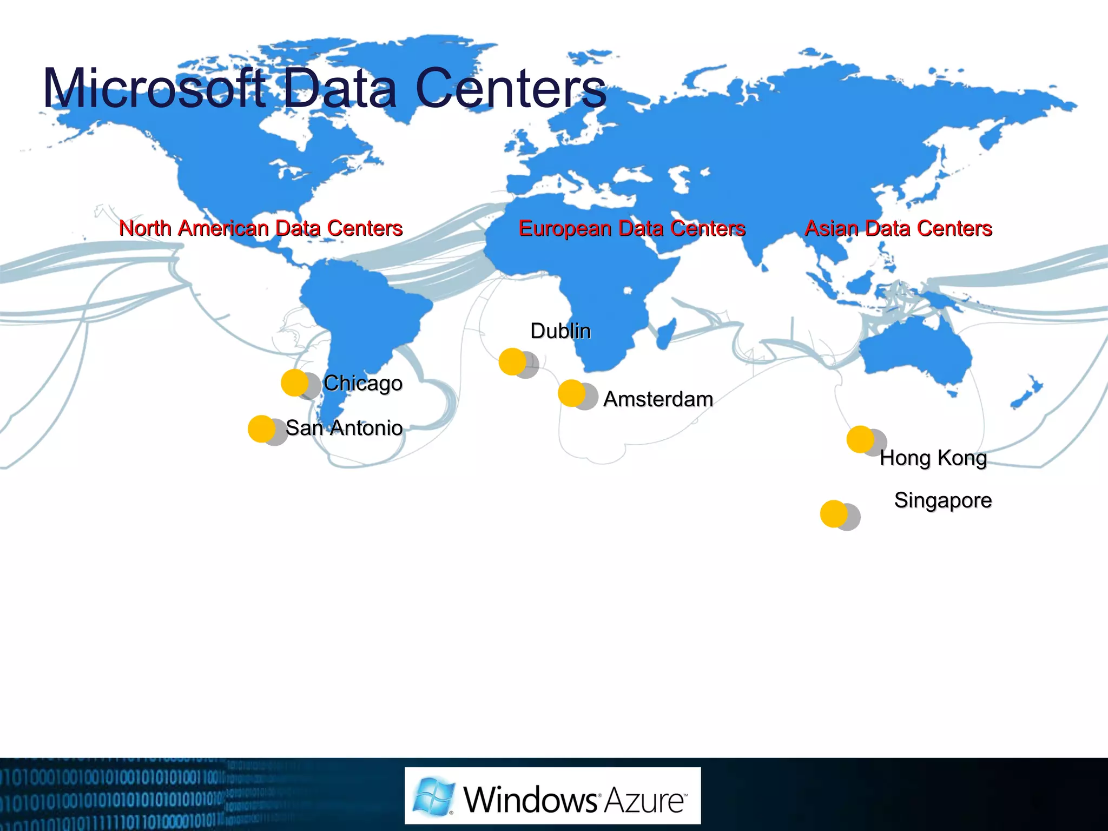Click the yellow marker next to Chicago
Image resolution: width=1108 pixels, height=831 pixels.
[x=294, y=382]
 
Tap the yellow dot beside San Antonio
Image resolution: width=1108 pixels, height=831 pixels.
[x=261, y=428]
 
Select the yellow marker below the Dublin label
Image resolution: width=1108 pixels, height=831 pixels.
[x=512, y=361]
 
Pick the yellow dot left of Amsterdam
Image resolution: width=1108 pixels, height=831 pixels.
[x=571, y=393]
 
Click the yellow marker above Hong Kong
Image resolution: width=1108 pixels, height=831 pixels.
[x=860, y=439]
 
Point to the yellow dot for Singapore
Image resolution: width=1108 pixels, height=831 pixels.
[x=834, y=513]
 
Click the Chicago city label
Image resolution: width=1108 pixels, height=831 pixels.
[x=362, y=383]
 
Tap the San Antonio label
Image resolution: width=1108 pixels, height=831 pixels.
[x=344, y=428]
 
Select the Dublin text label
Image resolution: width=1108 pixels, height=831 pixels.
[x=560, y=331]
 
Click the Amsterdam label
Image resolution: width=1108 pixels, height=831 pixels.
[x=658, y=399]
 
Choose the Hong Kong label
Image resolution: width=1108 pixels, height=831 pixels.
[x=933, y=458]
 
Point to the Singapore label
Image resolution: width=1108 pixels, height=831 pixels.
[x=942, y=500]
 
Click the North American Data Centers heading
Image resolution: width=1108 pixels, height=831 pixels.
[x=261, y=228]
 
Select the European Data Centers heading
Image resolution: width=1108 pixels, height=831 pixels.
[x=632, y=228]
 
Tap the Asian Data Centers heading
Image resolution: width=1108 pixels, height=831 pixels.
[x=898, y=228]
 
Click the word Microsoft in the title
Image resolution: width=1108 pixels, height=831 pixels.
[x=154, y=88]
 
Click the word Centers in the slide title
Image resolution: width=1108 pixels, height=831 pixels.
[x=511, y=88]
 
